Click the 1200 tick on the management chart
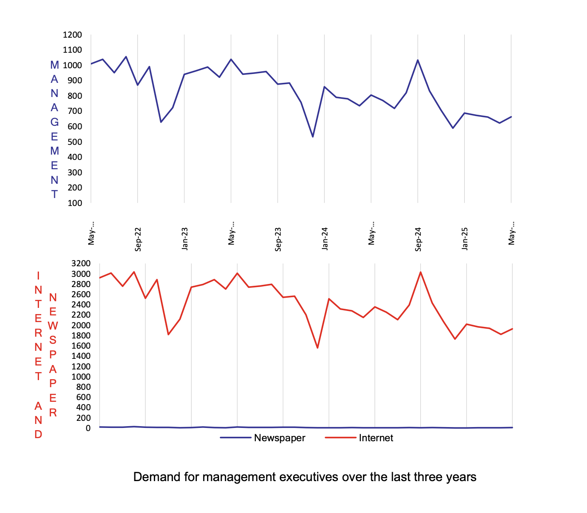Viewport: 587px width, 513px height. pos(72,35)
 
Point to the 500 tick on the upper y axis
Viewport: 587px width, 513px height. pos(74,142)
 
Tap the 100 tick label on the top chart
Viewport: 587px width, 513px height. pos(74,203)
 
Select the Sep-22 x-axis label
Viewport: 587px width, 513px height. pos(138,239)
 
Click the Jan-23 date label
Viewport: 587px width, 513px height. pos(185,239)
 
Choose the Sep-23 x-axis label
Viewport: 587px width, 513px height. pos(278,239)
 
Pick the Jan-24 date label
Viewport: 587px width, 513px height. pos(325,239)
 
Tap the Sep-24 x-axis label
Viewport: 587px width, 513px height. pos(418,239)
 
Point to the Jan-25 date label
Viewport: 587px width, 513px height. pos(465,239)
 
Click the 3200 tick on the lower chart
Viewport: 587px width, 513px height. pos(81,264)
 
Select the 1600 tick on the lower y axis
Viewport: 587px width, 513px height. pos(81,346)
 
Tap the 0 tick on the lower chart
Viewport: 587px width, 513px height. pos(88,428)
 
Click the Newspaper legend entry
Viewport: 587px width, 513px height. pos(279,438)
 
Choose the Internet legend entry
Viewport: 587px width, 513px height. pos(376,438)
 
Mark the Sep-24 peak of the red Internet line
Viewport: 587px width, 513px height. pos(420,272)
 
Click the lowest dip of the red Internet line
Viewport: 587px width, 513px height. pos(317,348)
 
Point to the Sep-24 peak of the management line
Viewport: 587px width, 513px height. pos(418,60)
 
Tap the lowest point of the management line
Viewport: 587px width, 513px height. pos(313,136)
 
